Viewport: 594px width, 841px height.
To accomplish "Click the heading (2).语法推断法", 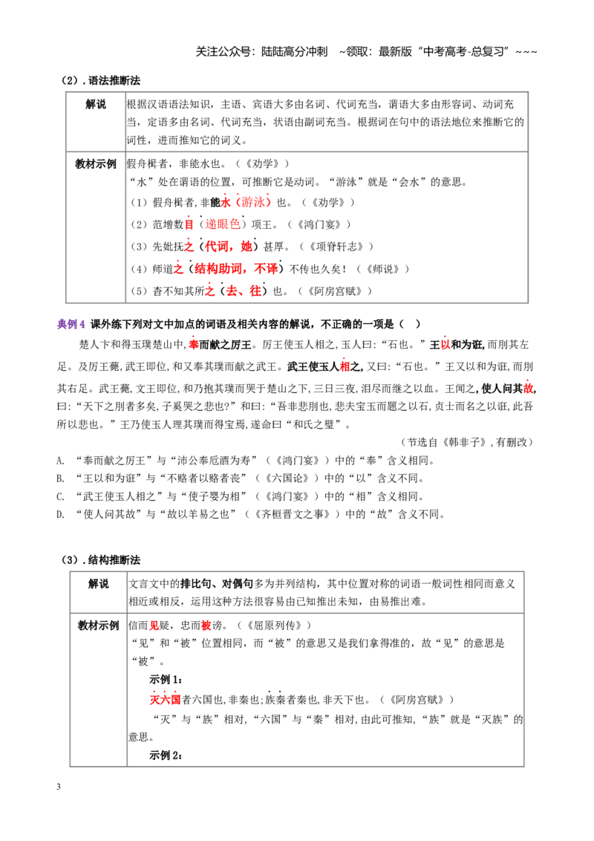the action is [101, 80].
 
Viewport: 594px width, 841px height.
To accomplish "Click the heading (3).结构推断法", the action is [101, 560].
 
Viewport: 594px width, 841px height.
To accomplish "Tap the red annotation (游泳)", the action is [253, 202].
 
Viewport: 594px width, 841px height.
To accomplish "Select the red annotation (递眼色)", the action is [223, 224].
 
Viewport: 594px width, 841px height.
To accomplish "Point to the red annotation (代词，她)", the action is [226, 246].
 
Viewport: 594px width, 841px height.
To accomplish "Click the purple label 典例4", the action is [71, 324].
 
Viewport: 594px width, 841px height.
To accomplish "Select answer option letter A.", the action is [61, 461].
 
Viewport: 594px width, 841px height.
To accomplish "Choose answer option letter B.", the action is [61, 478].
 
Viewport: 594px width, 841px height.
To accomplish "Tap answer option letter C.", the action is [61, 497].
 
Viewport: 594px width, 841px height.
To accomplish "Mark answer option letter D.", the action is [61, 514].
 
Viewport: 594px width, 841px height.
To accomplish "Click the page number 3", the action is [59, 787].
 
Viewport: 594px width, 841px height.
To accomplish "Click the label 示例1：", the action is [166, 680].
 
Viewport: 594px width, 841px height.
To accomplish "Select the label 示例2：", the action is [166, 755].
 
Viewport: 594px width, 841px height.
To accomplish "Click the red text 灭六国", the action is [165, 700].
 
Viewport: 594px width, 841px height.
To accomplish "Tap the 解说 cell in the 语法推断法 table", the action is [96, 105].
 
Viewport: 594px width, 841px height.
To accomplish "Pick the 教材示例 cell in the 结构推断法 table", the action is [98, 626].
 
